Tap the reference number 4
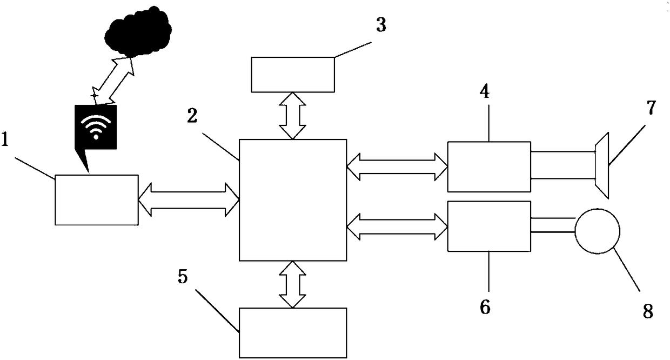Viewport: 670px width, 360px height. (x=485, y=92)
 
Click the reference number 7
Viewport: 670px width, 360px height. (x=651, y=108)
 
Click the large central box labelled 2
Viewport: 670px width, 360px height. (x=292, y=200)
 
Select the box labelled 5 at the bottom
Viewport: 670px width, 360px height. (x=292, y=333)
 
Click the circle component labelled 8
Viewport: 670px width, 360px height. (x=597, y=231)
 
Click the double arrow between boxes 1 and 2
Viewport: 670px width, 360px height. (x=189, y=199)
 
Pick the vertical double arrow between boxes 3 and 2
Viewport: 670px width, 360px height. (x=292, y=116)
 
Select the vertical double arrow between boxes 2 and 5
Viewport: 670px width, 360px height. (x=292, y=285)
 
